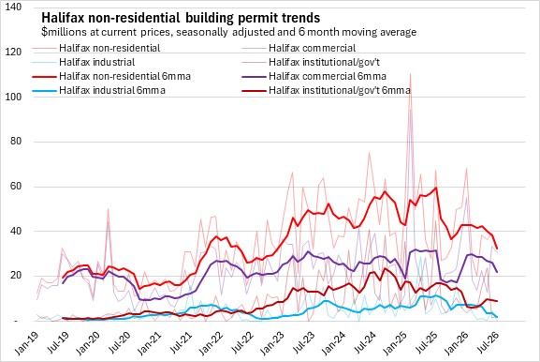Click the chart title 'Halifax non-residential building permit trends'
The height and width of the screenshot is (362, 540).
tap(181, 18)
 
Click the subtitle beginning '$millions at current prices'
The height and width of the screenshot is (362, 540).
tap(228, 32)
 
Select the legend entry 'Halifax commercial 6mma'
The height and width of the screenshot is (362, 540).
tap(328, 76)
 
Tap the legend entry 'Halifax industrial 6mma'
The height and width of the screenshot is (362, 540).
tap(112, 90)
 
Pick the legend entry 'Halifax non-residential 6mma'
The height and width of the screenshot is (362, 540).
tap(124, 76)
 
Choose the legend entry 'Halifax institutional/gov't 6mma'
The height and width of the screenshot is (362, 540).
tap(340, 90)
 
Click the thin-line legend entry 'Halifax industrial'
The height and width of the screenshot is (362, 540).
tap(96, 62)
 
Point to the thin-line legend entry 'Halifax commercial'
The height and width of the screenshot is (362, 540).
tap(312, 48)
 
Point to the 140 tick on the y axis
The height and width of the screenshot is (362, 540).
tap(13, 7)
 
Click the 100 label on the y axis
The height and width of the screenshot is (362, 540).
tap(13, 97)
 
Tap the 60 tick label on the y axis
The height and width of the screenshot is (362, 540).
tap(16, 187)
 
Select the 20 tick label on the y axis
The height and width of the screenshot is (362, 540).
tap(16, 276)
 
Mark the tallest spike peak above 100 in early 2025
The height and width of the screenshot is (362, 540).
tap(410, 74)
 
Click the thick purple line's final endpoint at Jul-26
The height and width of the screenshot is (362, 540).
tap(497, 272)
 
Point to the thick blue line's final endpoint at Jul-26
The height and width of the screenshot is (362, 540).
tap(497, 317)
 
